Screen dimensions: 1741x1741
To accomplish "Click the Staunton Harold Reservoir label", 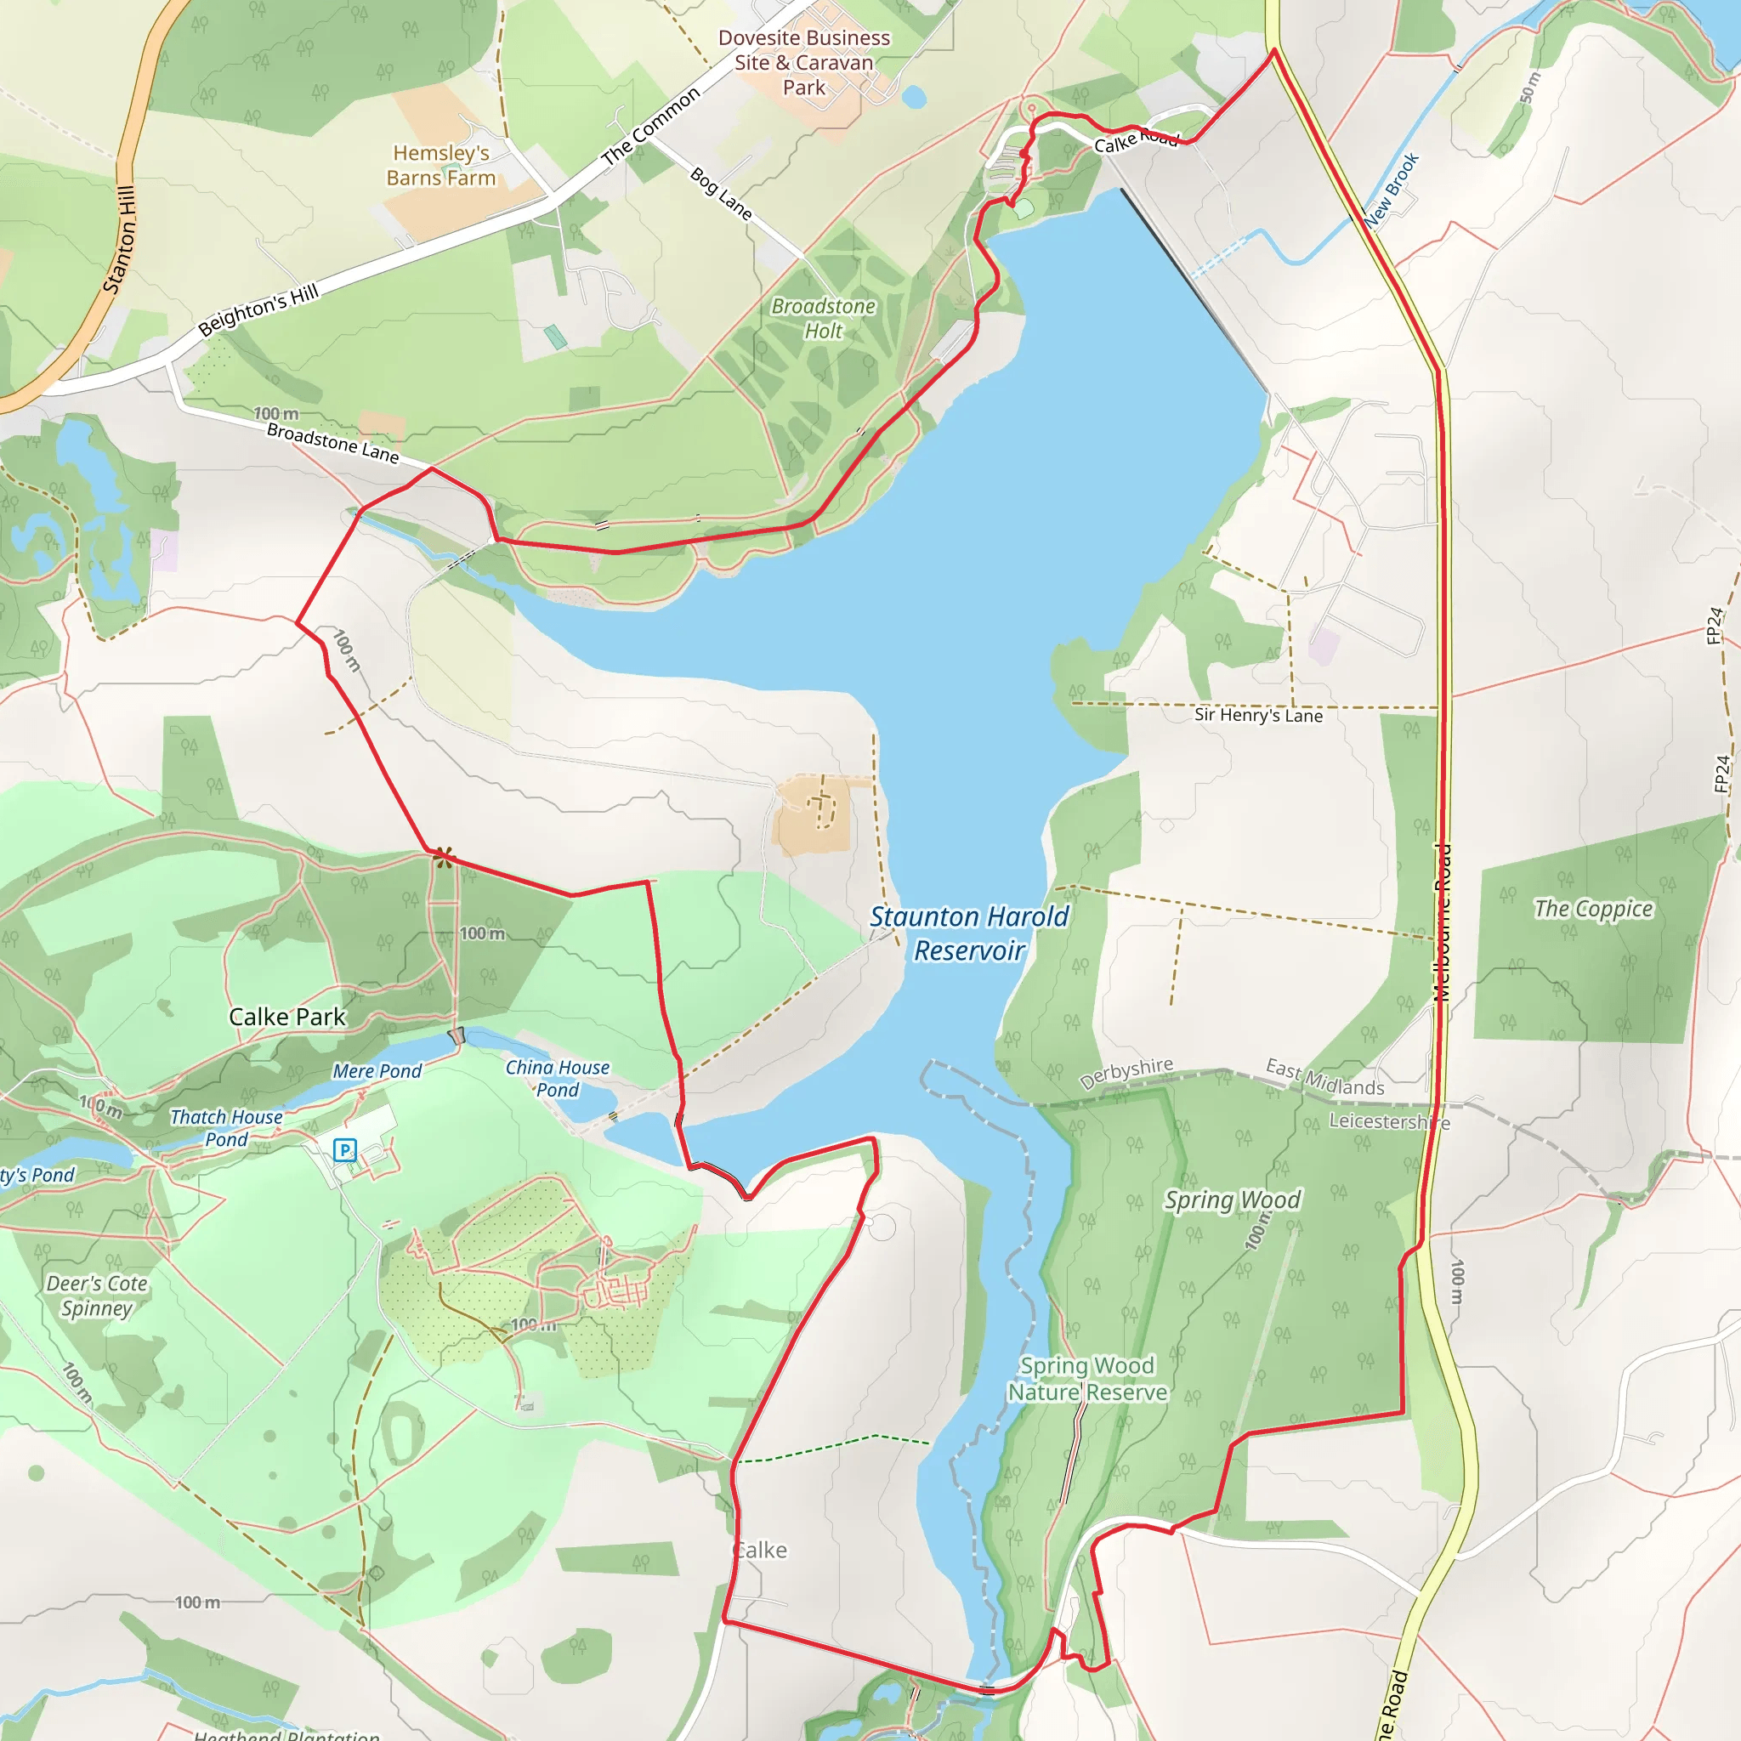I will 969,933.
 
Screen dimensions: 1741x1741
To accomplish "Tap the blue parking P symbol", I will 344,1150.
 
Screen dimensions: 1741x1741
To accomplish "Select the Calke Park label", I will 286,1017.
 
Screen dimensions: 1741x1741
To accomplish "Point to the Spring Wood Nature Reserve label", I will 1086,1379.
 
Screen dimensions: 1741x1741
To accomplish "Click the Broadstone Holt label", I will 824,318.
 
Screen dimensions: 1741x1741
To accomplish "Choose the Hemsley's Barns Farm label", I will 440,166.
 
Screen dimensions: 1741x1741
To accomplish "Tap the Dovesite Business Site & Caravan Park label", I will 804,62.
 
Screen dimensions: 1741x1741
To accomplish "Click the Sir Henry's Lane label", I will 1258,716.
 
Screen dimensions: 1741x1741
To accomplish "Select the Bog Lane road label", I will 721,193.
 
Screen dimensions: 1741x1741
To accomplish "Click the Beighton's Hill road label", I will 258,309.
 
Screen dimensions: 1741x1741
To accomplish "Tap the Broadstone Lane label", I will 332,442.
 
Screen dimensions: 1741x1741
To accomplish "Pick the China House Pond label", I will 557,1079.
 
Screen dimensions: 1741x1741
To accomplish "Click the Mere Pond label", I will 377,1071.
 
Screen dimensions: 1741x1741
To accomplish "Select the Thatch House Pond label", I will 226,1128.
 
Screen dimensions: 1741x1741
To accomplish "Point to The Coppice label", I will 1593,910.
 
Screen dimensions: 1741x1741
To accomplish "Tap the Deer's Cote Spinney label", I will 96,1295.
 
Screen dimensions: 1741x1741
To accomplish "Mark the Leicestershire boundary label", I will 1389,1122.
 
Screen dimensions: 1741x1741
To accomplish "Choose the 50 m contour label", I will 1530,88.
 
